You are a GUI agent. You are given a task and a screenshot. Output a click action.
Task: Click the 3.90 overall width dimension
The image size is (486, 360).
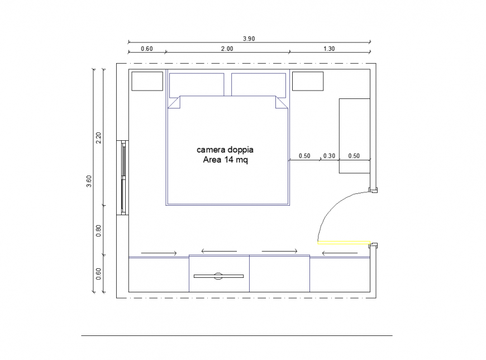tap(249, 39)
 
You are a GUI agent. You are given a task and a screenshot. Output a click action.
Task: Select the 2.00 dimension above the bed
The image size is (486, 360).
tap(227, 49)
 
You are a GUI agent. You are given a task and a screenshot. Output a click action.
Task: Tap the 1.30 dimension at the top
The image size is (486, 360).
tap(329, 49)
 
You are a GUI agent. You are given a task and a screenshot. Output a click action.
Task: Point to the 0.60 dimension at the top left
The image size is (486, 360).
tap(146, 49)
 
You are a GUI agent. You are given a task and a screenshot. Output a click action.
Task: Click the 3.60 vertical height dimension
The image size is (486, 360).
tap(89, 182)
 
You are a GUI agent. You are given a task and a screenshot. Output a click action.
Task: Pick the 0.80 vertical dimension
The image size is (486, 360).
tap(99, 230)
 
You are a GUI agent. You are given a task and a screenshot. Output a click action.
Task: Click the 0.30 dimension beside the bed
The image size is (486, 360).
tap(330, 156)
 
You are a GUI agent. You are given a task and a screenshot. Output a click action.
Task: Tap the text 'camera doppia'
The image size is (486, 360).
tap(225, 150)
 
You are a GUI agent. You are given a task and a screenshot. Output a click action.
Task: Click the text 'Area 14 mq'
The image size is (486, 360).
tap(225, 159)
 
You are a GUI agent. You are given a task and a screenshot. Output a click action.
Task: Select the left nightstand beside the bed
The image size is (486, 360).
tap(147, 81)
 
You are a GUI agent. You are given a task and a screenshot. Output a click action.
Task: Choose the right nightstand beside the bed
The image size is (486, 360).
tap(308, 81)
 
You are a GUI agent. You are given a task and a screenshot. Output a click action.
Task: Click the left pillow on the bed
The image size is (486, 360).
tap(197, 84)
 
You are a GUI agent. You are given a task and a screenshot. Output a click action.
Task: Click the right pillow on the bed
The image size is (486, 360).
tap(259, 84)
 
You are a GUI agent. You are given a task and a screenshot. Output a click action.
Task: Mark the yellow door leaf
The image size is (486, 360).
tap(344, 243)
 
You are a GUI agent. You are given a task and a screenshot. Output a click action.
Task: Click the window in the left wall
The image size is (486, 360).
tap(123, 178)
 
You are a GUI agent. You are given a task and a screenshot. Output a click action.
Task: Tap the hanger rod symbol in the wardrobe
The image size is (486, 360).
tap(218, 276)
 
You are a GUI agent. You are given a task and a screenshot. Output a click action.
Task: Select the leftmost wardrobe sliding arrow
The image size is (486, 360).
tap(159, 253)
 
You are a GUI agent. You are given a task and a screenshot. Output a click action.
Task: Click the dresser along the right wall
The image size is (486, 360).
tap(355, 136)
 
